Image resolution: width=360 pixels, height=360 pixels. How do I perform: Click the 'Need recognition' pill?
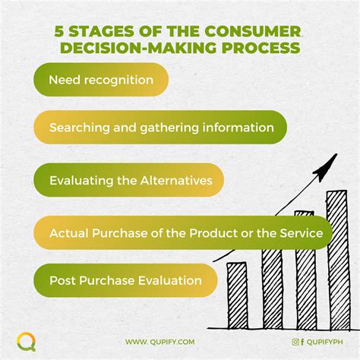tap(100, 80)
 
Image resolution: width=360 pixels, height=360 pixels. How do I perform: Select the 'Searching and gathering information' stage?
tap(160, 128)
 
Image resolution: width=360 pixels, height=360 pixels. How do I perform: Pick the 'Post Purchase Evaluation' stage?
tap(125, 280)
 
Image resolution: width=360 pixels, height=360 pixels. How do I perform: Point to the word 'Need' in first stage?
tap(62, 80)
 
